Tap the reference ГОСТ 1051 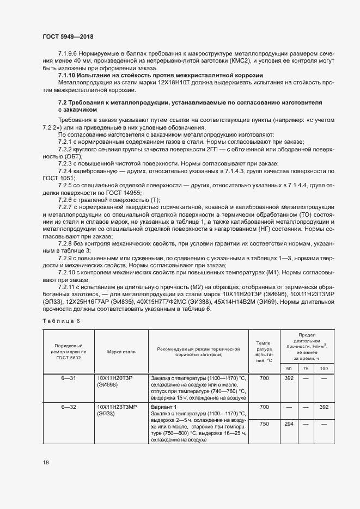coord(56,177)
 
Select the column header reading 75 coord(306,369)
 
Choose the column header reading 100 coord(324,369)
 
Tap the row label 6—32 coord(68,407)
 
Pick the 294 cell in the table coord(289,423)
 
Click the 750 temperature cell coord(264,423)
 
